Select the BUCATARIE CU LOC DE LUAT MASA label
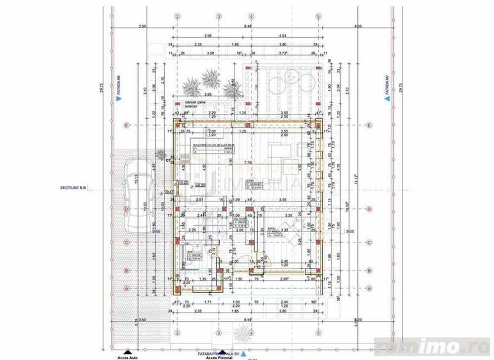click(x=212, y=146)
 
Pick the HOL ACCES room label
click(x=240, y=218)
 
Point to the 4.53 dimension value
click(x=282, y=36)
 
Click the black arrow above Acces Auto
click(x=129, y=350)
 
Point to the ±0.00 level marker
click(x=200, y=185)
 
